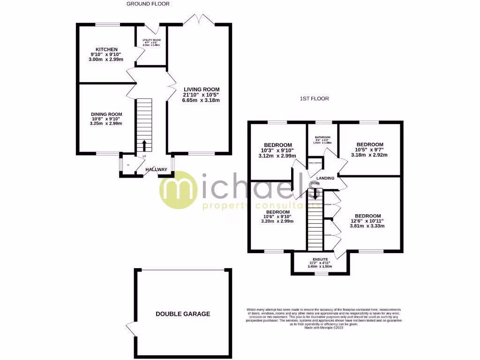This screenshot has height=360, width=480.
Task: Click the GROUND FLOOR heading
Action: click(148, 4)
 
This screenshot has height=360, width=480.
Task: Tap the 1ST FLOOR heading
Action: click(315, 99)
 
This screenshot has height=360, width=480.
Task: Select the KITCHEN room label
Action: click(106, 49)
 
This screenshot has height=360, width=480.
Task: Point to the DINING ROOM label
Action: click(106, 114)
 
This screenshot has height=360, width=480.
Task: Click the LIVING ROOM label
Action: click(201, 90)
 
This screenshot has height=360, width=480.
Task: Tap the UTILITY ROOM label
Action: click(151, 40)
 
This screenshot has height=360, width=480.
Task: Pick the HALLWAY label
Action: click(156, 170)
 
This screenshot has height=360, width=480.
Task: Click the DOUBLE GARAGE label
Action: click(183, 314)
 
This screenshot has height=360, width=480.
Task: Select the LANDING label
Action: click(325, 178)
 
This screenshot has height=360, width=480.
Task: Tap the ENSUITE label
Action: click(321, 259)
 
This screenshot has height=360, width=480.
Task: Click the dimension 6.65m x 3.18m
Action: click(201, 100)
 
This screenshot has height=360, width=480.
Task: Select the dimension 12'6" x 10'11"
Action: click(367, 221)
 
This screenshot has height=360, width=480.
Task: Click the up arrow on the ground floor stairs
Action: click(144, 144)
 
